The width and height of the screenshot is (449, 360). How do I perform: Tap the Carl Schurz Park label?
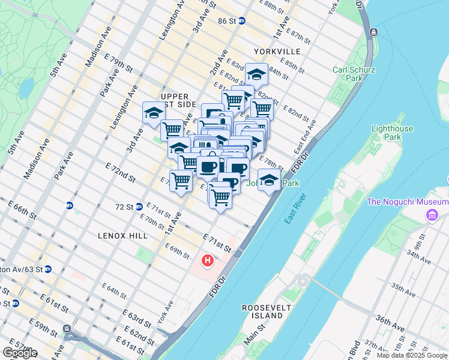pyautogui.click(x=354, y=74)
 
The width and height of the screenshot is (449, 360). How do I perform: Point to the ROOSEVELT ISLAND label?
pyautogui.click(x=262, y=311)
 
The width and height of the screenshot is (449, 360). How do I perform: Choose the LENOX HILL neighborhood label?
pyautogui.click(x=122, y=236)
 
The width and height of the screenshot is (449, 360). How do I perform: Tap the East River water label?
pyautogui.click(x=297, y=211)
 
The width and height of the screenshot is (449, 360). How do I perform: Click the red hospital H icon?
pyautogui.click(x=208, y=261)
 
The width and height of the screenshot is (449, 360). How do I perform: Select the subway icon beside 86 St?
pyautogui.click(x=242, y=20)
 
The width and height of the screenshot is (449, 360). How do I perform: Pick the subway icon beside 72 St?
pyautogui.click(x=139, y=206)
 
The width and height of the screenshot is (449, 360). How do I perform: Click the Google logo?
pyautogui.click(x=20, y=353)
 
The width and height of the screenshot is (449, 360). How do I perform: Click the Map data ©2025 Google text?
pyautogui.click(x=411, y=355)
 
